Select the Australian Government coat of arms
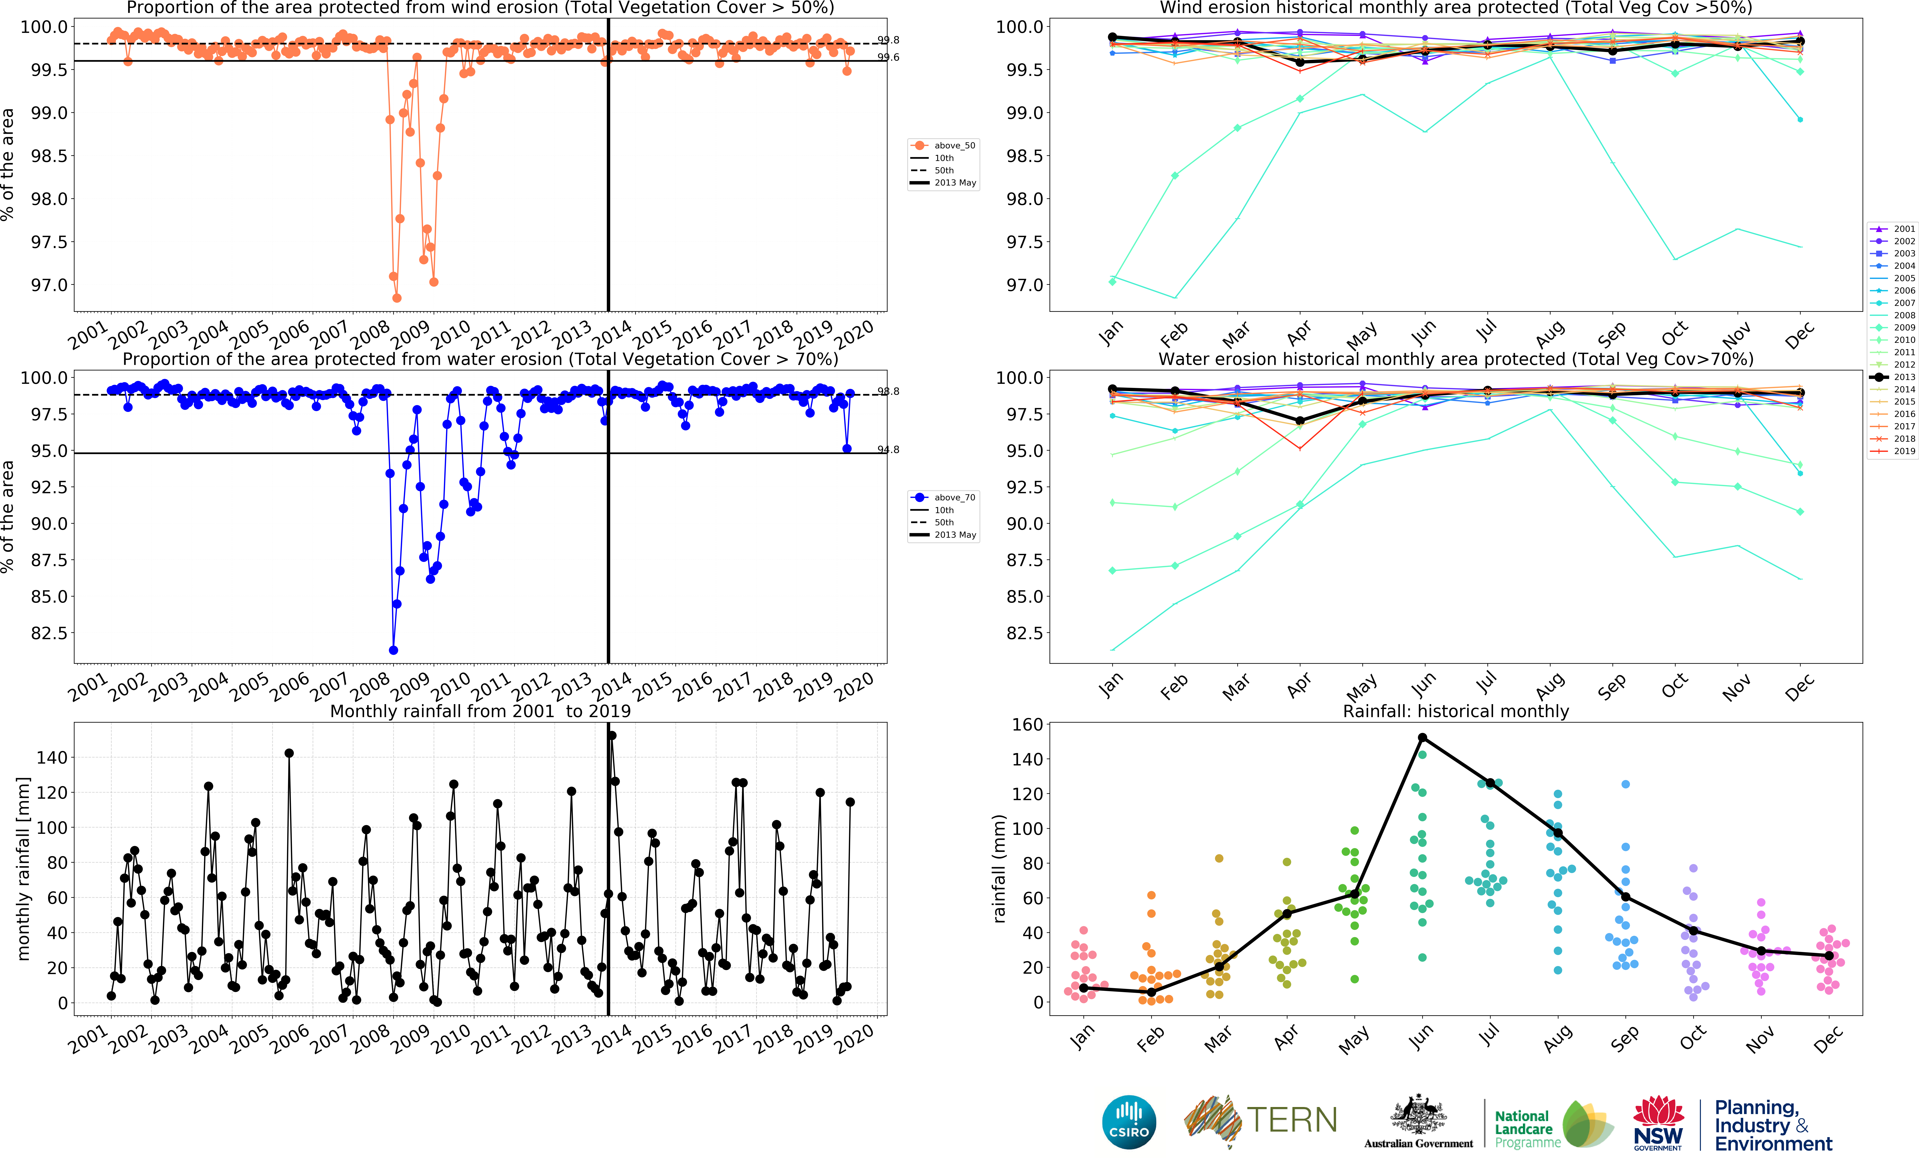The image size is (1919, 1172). tap(1418, 1115)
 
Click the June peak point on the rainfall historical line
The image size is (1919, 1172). tap(1422, 737)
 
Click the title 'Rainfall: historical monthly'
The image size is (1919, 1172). tap(1456, 711)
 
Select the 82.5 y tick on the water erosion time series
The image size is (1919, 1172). tap(48, 633)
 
